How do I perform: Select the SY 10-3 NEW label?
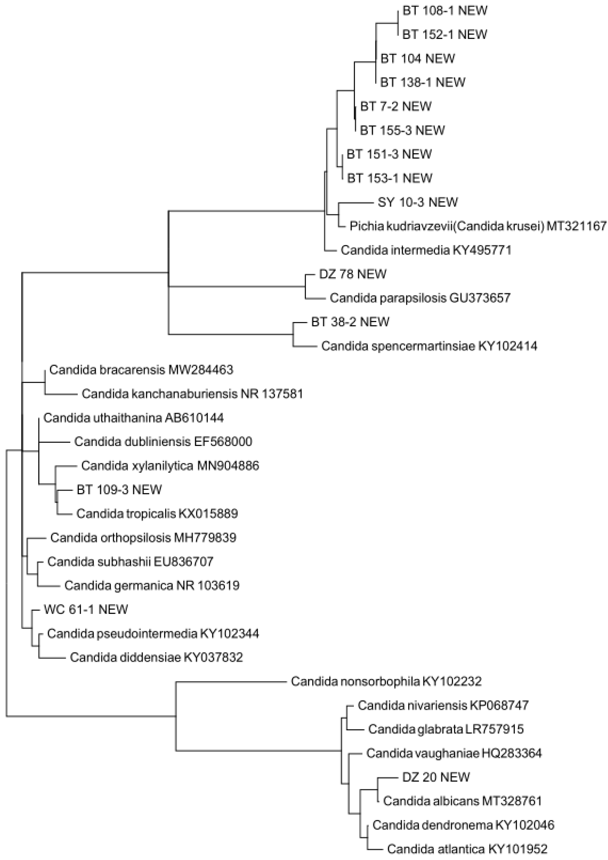click(417, 202)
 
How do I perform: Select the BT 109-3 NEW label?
click(119, 490)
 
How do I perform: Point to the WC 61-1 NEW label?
click(86, 609)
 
